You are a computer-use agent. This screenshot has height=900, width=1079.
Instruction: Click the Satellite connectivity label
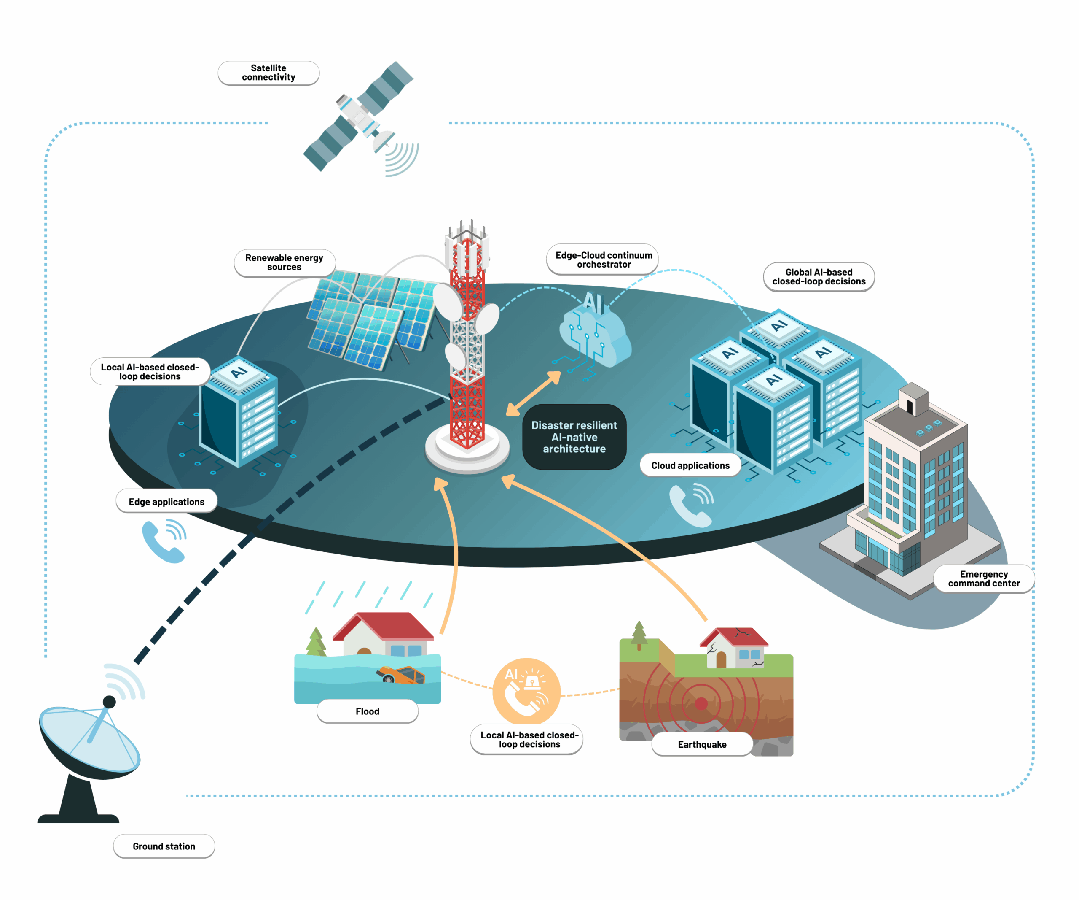[x=268, y=73]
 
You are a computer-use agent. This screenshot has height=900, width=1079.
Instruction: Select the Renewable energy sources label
[x=284, y=263]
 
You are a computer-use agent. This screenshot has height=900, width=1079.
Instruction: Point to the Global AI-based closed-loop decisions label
[x=819, y=277]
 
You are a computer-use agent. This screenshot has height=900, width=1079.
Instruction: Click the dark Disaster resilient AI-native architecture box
[x=574, y=437]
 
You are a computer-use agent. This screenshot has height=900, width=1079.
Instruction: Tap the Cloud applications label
[x=690, y=465]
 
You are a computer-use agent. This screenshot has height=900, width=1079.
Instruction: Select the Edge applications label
[x=166, y=501]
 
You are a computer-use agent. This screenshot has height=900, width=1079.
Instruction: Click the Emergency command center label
[x=983, y=578]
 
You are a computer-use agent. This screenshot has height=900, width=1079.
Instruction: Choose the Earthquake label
[x=702, y=744]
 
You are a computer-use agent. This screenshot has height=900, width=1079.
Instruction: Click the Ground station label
[x=164, y=846]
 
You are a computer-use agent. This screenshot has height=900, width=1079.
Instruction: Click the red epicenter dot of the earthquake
[x=701, y=703]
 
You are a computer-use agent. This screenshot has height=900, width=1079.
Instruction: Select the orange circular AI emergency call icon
[x=526, y=691]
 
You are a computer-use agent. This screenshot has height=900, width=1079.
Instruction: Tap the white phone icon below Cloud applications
[x=691, y=505]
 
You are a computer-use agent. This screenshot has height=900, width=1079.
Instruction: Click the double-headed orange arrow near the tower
[x=533, y=393]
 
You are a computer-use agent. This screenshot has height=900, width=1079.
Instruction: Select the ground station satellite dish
[x=89, y=741]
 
